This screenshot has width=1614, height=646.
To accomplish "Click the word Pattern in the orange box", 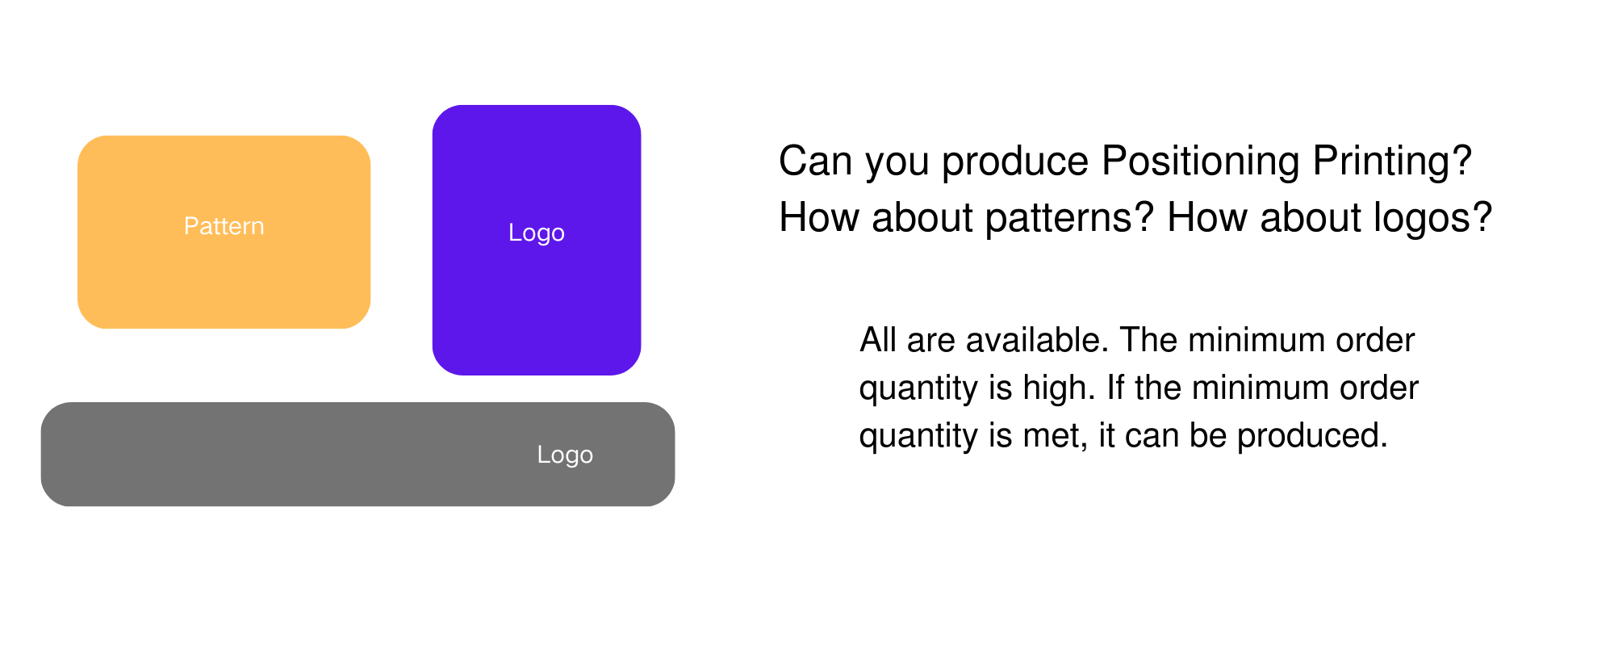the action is point(224,226).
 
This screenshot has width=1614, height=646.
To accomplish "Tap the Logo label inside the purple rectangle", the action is point(537,233).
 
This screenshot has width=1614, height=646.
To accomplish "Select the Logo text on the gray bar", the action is point(565,455).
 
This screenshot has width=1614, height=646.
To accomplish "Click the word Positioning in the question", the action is point(1201,161).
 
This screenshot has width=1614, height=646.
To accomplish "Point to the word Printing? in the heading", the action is point(1392,161).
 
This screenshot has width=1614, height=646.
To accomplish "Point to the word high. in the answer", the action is point(1059,388).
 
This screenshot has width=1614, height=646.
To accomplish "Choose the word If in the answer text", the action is point(1115,388).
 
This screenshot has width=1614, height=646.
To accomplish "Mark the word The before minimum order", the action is point(1149,340).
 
